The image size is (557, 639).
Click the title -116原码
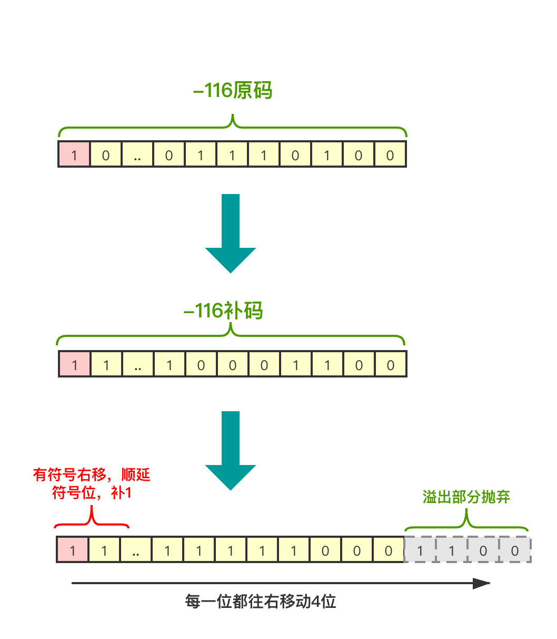(x=233, y=91)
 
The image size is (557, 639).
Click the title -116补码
(x=223, y=311)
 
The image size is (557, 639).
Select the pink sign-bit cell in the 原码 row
(x=74, y=154)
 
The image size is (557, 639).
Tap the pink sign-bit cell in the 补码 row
(x=74, y=365)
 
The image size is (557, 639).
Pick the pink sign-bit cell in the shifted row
(x=73, y=550)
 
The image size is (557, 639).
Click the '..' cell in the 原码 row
(x=137, y=154)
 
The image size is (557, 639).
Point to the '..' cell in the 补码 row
(x=138, y=365)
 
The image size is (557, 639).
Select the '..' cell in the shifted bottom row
(x=136, y=550)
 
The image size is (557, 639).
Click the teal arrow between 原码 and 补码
(x=230, y=232)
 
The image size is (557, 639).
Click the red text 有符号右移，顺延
(x=92, y=475)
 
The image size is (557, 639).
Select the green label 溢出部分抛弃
(x=466, y=497)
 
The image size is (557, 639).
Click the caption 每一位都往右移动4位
(x=261, y=602)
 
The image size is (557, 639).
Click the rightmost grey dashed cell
(x=515, y=550)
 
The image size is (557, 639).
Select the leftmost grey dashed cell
(x=420, y=550)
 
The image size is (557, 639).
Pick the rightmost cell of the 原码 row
(x=390, y=154)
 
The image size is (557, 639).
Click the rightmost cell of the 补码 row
(x=391, y=365)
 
